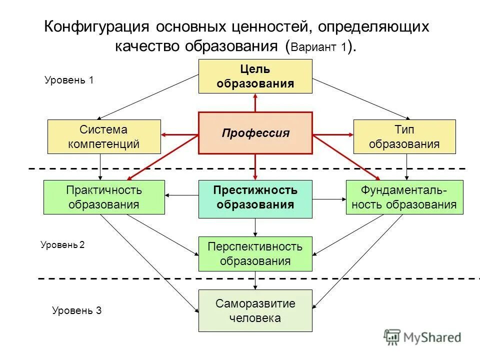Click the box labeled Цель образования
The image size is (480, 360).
pos(255,76)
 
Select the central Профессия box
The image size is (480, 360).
pos(255,133)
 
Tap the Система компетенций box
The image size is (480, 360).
pos(104,136)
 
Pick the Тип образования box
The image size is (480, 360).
pos(404,136)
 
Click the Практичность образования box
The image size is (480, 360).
pos(104,197)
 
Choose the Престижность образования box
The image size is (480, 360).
pos(255,198)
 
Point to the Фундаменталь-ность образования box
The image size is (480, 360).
pos(404,197)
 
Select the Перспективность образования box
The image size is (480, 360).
pos(255,253)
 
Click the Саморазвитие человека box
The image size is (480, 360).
pos(255,310)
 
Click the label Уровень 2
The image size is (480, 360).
pos(62,245)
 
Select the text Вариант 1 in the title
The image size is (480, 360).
pos(318,47)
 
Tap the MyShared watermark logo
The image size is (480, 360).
pos(422,337)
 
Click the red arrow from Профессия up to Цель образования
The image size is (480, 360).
pos(255,102)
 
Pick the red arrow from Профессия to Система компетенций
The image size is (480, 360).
pos(180,134)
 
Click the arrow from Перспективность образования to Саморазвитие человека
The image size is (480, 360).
pos(255,280)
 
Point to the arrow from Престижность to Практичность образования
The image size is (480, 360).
pos(182,195)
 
